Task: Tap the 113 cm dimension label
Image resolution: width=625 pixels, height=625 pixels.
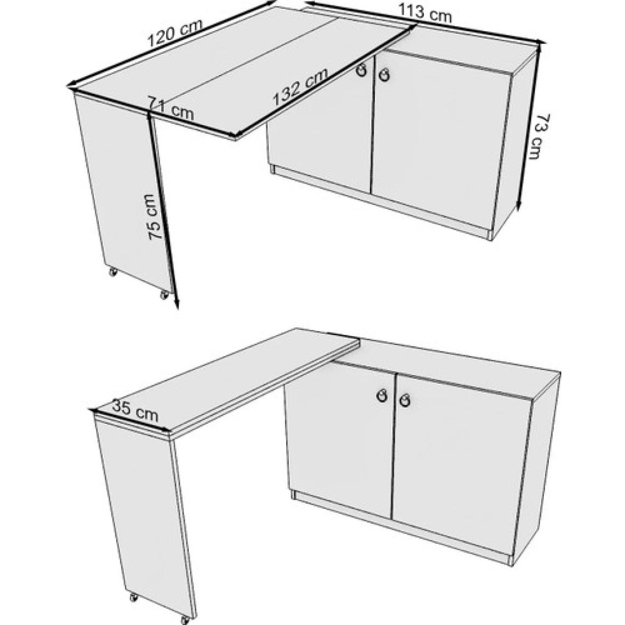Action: [424, 13]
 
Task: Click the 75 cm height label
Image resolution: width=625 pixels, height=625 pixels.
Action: [156, 217]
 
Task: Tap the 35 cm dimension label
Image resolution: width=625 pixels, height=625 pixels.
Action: [135, 411]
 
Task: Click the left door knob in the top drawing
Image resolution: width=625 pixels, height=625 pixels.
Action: [361, 71]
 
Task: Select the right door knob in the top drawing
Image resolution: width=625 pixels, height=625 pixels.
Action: [384, 75]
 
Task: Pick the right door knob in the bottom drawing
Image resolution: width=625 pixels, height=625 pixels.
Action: [405, 400]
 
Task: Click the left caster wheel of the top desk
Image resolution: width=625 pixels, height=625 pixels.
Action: [113, 272]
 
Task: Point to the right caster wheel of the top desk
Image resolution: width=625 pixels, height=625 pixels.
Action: [164, 295]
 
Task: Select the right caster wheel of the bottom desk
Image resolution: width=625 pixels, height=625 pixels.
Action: [184, 620]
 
